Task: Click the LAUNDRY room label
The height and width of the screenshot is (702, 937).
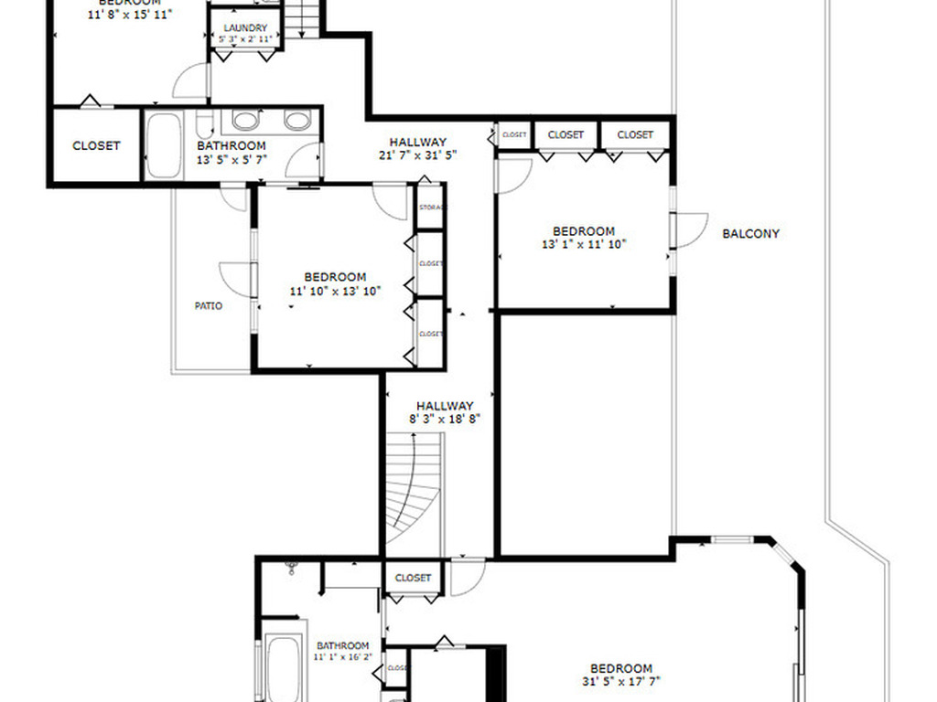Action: (245, 28)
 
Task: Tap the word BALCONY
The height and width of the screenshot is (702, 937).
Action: (750, 233)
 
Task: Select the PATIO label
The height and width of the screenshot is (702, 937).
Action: (209, 306)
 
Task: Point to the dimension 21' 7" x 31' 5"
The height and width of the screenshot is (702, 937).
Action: (417, 154)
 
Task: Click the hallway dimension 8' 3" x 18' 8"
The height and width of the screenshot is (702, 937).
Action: (445, 419)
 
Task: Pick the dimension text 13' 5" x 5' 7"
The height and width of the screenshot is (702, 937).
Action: (232, 159)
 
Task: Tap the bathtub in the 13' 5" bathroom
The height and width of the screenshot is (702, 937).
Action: (164, 145)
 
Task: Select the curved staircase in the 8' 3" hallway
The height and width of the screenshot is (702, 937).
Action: (414, 494)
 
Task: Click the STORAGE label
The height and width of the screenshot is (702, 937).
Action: (431, 207)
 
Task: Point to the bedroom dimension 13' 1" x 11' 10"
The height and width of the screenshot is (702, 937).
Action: (583, 244)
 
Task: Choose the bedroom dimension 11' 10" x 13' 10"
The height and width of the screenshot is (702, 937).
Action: (335, 291)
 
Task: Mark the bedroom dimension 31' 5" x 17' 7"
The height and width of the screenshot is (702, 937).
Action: (621, 681)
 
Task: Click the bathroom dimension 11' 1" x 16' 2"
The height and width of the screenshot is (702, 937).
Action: (343, 657)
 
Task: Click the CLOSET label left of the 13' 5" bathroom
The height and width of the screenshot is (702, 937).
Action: (96, 145)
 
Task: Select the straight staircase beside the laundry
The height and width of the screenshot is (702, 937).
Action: (301, 18)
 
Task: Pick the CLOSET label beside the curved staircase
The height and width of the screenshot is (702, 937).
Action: (413, 578)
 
